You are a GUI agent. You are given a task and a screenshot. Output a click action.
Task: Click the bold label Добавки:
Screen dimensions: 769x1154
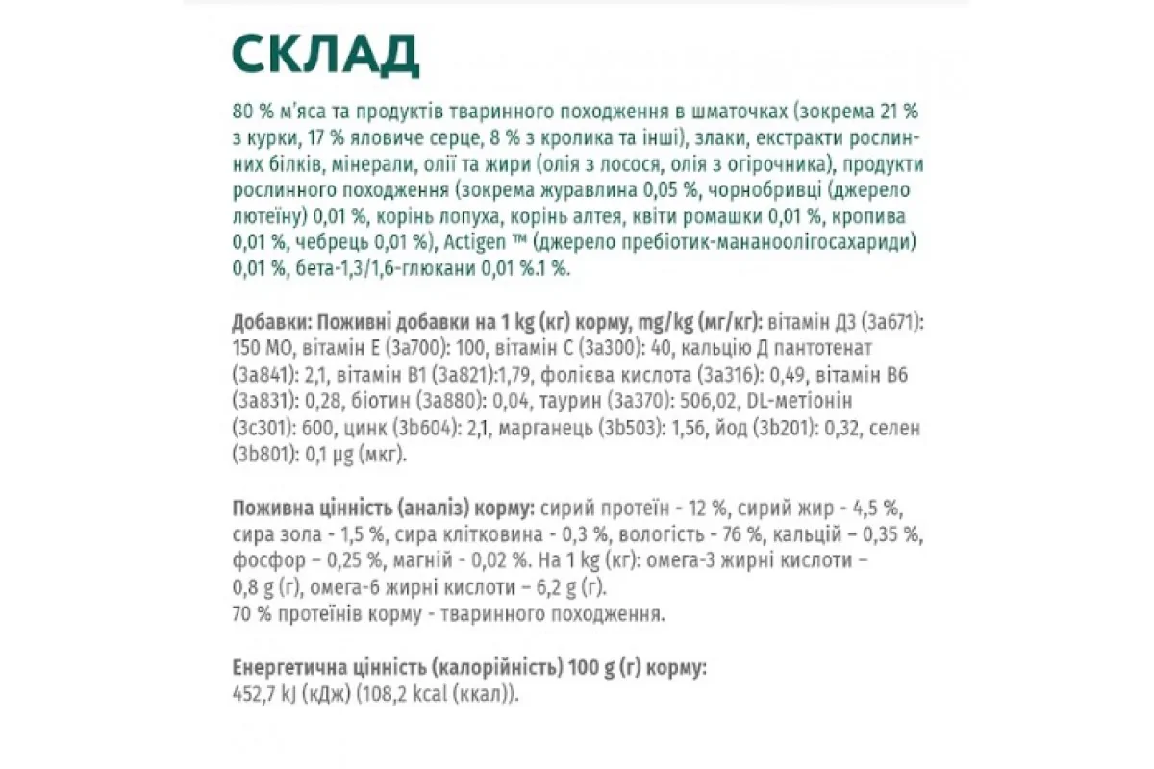271,320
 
